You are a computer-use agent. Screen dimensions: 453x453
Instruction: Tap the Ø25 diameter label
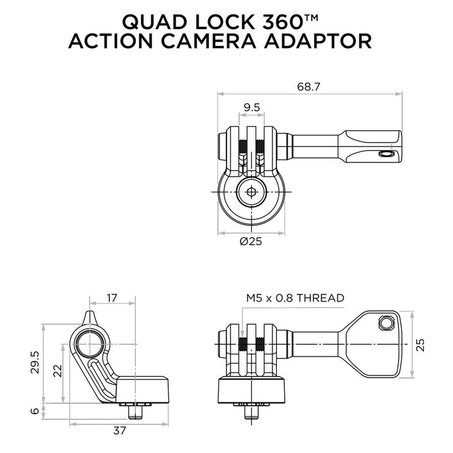tap(251, 241)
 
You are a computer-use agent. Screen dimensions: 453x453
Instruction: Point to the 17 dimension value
tap(112, 298)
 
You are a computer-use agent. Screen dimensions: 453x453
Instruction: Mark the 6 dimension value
tap(37, 410)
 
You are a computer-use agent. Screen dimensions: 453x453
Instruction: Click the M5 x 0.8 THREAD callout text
tap(295, 298)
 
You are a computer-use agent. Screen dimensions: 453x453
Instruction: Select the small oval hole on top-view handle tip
tap(387, 154)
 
